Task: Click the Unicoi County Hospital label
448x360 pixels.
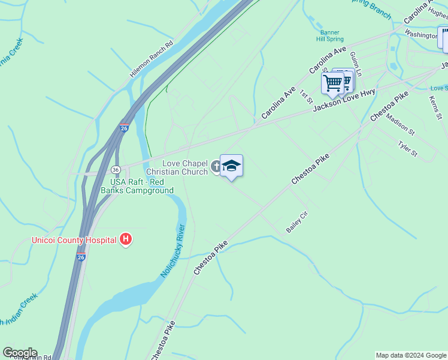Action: point(74,241)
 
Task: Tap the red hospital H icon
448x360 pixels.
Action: point(126,240)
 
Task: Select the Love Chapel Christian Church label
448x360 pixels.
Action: point(185,167)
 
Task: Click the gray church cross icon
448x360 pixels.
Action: point(216,167)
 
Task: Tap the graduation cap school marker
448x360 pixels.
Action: point(231,166)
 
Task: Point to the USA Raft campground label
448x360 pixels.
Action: point(141,186)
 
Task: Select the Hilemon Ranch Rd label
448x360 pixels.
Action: point(151,60)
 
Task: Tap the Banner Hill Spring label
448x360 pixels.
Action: point(329,35)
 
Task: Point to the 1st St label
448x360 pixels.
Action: point(307,95)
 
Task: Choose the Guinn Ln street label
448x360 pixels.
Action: point(356,63)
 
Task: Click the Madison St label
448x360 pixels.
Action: point(400,124)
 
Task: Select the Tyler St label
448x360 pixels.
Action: point(407,149)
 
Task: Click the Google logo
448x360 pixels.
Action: point(20,353)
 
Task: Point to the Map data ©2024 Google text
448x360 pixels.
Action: point(411,355)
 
